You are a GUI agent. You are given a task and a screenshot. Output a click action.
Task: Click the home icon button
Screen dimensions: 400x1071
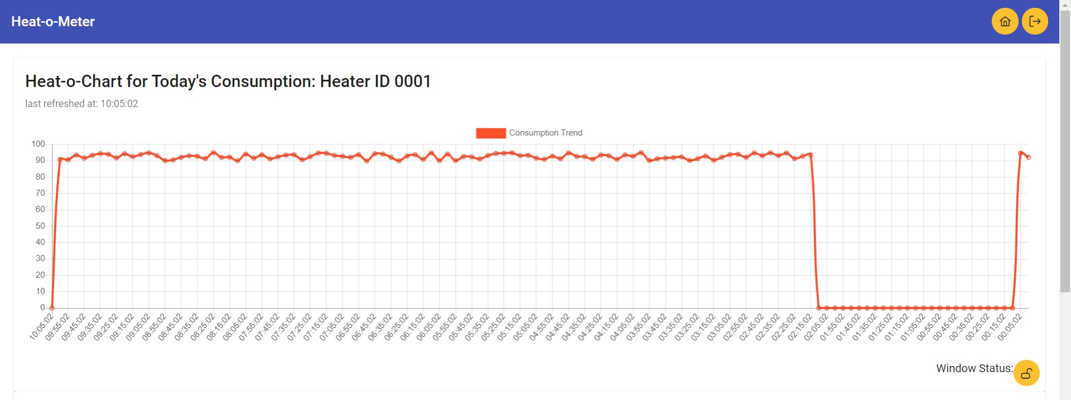pos(1005,22)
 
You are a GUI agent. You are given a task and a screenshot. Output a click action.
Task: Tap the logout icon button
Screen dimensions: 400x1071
pos(1035,22)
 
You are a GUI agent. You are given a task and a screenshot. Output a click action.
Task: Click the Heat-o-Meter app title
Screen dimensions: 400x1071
pos(53,22)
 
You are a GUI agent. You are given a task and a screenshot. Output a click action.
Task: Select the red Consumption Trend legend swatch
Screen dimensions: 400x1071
pos(490,133)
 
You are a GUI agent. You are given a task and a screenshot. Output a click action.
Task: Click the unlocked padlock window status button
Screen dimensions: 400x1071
pos(1026,373)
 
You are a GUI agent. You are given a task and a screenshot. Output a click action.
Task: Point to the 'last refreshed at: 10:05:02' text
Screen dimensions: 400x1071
pos(81,104)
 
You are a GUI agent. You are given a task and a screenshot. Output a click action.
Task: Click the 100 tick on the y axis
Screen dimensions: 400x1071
pos(38,144)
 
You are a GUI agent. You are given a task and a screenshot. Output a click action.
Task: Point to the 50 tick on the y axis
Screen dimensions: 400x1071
pos(40,226)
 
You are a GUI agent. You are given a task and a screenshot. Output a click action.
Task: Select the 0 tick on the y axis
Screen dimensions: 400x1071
pos(42,307)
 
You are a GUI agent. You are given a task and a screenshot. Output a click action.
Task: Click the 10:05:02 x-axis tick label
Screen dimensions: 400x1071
pos(42,326)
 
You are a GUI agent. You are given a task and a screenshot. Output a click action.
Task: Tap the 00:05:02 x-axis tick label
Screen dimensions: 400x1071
pos(1010,326)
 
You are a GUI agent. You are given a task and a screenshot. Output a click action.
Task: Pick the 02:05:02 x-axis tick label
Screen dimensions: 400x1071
pos(816,326)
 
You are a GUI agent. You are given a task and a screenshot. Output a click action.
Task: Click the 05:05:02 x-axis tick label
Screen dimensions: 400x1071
pos(525,326)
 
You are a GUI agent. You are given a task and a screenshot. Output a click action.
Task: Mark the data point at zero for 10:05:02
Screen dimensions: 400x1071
pos(52,307)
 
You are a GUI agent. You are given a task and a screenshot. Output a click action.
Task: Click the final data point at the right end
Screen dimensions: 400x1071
pos(1029,157)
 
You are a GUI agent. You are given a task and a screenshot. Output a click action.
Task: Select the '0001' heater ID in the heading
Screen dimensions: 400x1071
pos(412,81)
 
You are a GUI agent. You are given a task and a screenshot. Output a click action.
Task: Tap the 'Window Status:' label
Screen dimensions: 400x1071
pos(974,368)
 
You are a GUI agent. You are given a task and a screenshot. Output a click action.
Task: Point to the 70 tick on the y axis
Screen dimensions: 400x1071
pos(40,193)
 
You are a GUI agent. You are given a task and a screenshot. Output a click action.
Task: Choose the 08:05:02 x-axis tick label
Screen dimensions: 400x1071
pos(235,326)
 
